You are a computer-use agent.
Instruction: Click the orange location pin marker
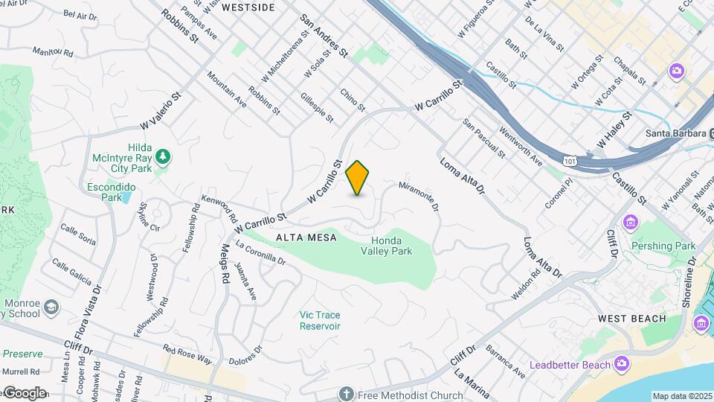click(358, 177)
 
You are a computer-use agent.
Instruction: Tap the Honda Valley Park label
click(392, 246)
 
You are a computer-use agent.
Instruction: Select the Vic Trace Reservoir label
click(320, 320)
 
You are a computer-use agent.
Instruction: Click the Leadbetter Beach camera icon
click(622, 363)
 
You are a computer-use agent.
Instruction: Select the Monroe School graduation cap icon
click(51, 307)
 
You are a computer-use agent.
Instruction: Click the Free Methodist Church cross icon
click(346, 394)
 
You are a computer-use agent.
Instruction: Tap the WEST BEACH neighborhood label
click(630, 319)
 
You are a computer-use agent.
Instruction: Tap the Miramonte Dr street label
click(419, 195)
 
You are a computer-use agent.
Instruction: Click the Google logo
click(24, 393)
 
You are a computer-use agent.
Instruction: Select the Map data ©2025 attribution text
click(682, 396)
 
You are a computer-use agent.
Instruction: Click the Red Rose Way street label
click(187, 355)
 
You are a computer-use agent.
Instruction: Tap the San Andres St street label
click(324, 35)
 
